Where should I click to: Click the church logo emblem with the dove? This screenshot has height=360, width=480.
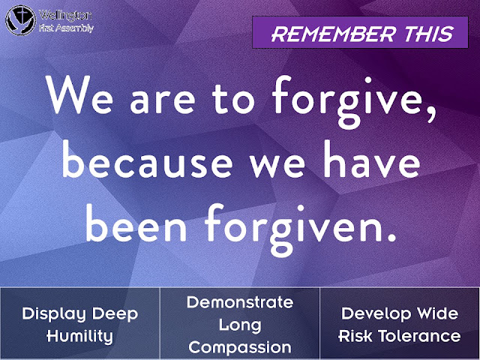(21, 20)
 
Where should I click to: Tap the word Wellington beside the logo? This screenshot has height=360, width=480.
(65, 16)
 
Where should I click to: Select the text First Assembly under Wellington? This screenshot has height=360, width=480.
(66, 28)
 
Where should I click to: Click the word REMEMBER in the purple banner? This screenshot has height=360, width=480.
(333, 34)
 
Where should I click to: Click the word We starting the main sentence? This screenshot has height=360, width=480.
(80, 94)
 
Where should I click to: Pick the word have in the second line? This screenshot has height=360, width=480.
(372, 159)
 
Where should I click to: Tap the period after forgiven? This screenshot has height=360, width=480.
(390, 236)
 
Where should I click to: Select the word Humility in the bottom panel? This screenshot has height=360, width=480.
(79, 337)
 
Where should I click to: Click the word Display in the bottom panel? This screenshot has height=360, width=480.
(54, 315)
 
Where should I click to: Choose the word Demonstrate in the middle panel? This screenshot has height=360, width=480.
(240, 303)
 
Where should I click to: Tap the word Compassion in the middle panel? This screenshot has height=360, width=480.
(240, 348)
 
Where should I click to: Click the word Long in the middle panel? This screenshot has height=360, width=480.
(240, 325)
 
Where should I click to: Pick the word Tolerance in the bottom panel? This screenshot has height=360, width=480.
(419, 336)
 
